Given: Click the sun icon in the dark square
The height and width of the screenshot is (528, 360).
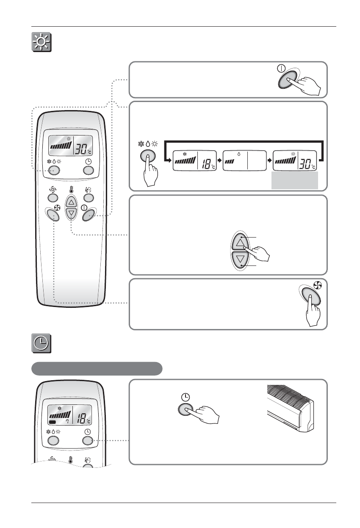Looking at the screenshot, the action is (42, 42).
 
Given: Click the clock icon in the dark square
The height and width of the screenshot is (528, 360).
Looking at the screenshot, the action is (42, 343).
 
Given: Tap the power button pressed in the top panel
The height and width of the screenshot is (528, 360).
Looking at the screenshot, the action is (289, 82).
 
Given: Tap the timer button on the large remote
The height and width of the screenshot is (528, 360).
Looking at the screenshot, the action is (88, 170).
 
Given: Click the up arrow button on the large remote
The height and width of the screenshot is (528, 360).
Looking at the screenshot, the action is (71, 202).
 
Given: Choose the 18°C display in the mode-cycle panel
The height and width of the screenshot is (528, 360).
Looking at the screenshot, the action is (195, 161).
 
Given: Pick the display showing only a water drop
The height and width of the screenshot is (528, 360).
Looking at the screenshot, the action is (245, 161).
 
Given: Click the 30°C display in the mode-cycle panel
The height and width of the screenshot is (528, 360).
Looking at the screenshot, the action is (296, 161).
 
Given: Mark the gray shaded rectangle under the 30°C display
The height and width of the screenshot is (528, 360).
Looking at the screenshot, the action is (295, 181).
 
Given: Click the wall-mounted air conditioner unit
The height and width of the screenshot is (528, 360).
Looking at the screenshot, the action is (291, 406).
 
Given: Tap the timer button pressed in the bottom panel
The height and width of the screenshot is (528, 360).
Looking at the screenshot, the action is (184, 410).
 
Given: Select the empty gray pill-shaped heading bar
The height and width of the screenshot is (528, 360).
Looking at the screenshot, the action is (97, 368).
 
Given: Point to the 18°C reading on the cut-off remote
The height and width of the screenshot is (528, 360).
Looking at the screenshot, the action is (83, 419).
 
